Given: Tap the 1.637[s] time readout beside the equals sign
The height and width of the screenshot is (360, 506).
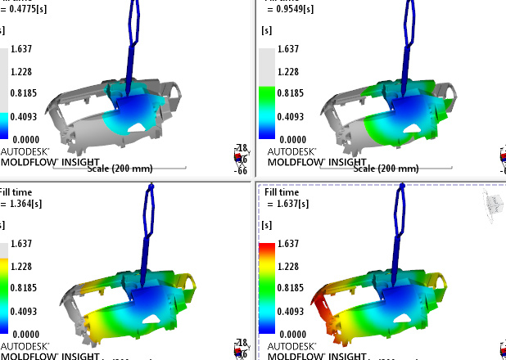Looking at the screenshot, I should click(291, 203).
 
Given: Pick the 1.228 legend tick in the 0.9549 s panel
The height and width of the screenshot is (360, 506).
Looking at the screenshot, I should click(288, 72).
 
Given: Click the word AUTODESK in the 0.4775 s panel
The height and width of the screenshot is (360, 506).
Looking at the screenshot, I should click(25, 151).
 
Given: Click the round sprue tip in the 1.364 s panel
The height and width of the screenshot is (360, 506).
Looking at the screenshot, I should click(151, 190).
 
